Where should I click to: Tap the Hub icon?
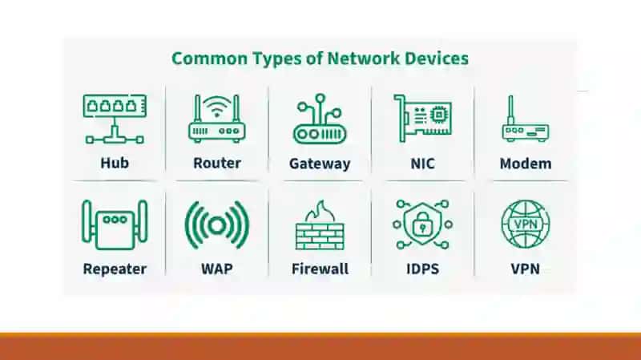pos(115,119)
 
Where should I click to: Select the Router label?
pos(217,163)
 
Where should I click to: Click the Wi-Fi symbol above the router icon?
pos(216,107)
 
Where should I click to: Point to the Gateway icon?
pos(320,119)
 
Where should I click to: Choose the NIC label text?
pos(423,164)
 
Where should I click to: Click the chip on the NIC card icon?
pos(438,114)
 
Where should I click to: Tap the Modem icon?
pos(526,119)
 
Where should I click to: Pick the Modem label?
pos(526,164)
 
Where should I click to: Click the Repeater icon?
pos(115,224)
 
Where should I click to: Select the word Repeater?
pos(115,269)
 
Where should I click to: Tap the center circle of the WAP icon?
pos(217,225)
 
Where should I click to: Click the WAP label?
pos(217,269)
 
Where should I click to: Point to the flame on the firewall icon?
pos(320,212)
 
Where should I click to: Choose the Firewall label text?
pos(320,269)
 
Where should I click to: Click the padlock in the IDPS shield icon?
pos(422,224)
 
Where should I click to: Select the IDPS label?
pos(423,269)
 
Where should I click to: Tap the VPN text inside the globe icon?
pos(526,224)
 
